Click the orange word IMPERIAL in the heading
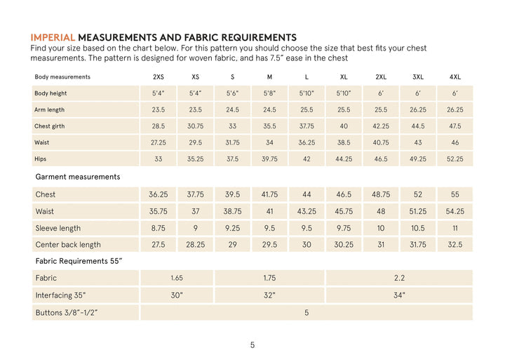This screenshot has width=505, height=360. (x=53, y=37)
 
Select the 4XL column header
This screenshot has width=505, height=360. (x=454, y=76)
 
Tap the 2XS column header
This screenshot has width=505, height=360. (x=159, y=76)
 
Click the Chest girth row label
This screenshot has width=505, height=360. (x=50, y=126)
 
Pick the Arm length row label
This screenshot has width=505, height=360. (x=50, y=109)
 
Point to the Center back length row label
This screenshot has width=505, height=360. (x=68, y=245)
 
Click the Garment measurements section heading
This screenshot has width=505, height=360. (x=77, y=177)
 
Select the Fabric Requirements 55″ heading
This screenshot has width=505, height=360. (x=79, y=261)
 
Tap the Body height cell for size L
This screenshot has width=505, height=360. (x=307, y=93)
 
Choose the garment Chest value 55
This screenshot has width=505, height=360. (x=454, y=194)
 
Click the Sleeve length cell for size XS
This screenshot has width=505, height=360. (x=196, y=228)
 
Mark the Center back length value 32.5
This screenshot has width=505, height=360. (x=454, y=245)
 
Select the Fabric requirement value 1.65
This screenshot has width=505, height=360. (x=177, y=278)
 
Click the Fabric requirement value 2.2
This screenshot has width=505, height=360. (x=399, y=278)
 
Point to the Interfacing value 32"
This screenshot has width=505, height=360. (x=269, y=295)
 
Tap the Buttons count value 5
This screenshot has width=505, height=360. (x=307, y=312)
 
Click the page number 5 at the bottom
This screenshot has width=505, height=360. (x=252, y=345)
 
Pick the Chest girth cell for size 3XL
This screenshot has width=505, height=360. (x=418, y=126)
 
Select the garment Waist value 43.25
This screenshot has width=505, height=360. (x=307, y=211)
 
